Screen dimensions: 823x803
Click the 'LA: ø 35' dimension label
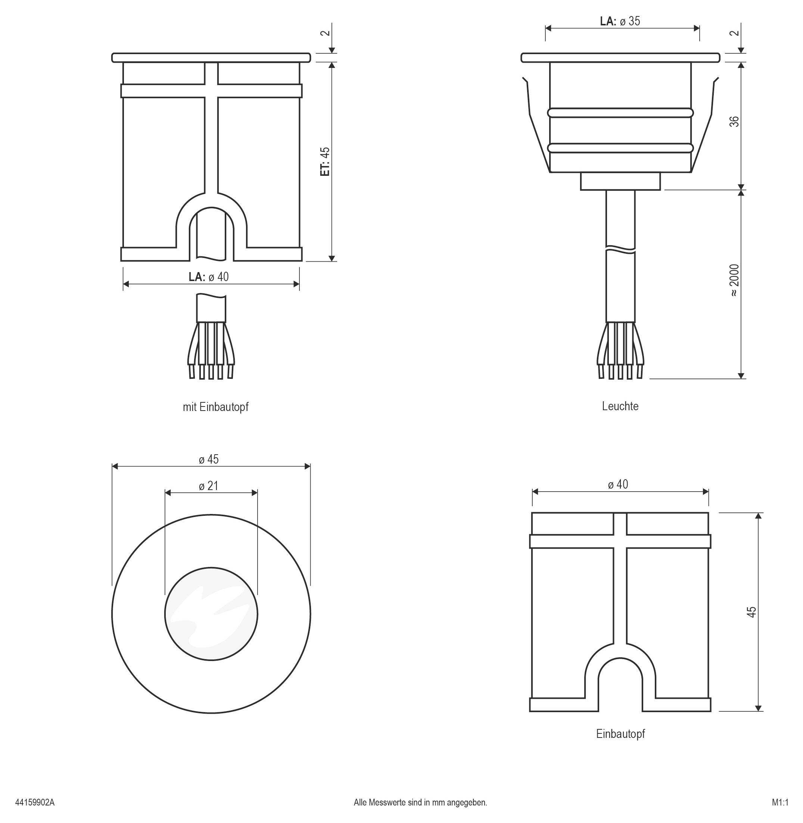[620, 21]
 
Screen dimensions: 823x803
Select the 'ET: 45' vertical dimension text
[324, 162]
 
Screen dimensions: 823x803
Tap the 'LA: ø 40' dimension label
[209, 277]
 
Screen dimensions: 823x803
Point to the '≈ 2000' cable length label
[734, 280]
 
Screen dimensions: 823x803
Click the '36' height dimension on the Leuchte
[734, 121]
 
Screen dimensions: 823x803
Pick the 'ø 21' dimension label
[209, 486]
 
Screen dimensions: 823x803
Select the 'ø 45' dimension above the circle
[209, 459]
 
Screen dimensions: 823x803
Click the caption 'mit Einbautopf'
[215, 407]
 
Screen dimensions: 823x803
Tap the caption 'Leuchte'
[620, 406]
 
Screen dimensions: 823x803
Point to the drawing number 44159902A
[35, 802]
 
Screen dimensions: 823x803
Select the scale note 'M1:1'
[780, 802]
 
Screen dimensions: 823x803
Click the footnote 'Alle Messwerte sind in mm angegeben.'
[420, 802]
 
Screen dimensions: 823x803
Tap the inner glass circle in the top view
[211, 614]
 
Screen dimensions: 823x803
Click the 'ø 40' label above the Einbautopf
[618, 484]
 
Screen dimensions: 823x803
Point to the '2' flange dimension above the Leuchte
[734, 33]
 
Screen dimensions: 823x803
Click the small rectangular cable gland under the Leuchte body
[620, 181]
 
